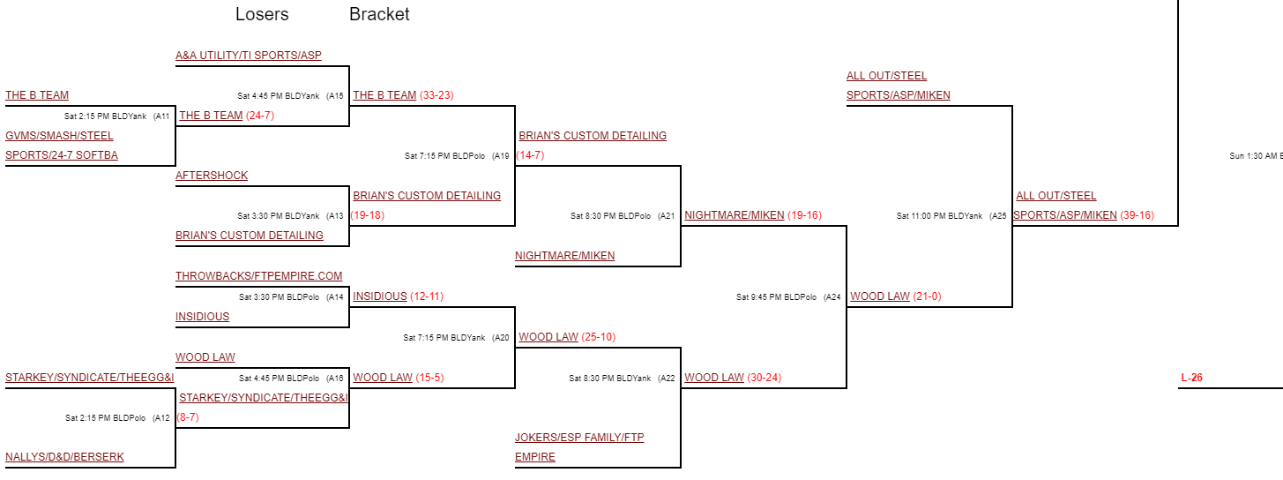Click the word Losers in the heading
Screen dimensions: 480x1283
tap(262, 15)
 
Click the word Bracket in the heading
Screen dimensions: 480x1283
tap(379, 15)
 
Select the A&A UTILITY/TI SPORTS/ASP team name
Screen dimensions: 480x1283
tap(249, 56)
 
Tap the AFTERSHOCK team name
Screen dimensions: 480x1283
tap(212, 176)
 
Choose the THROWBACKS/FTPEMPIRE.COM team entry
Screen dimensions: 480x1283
tap(258, 276)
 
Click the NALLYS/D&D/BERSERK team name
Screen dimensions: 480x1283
tap(64, 457)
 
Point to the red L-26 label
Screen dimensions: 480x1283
tap(1191, 378)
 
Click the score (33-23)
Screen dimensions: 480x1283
tap(436, 95)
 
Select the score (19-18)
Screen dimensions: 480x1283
tap(367, 215)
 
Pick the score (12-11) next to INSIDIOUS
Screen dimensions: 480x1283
tap(427, 296)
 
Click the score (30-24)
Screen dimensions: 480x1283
tap(764, 378)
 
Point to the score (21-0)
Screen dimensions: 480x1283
tap(927, 296)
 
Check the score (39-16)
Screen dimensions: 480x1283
tap(1137, 215)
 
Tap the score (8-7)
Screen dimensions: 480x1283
tap(188, 417)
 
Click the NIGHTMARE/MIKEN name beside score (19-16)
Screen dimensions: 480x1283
tap(734, 215)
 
